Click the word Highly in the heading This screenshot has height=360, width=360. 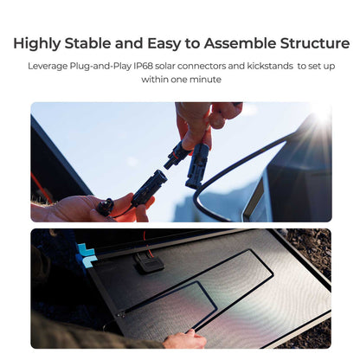[x=37, y=43]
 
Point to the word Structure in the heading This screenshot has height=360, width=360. [x=313, y=43]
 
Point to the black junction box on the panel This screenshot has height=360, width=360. [x=150, y=261]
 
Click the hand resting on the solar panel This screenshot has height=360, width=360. [x=184, y=338]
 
